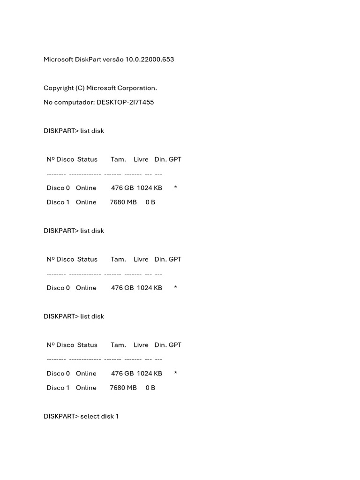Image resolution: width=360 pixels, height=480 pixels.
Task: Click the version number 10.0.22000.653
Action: tap(150, 60)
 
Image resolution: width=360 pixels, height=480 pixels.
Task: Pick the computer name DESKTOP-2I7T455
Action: tap(125, 102)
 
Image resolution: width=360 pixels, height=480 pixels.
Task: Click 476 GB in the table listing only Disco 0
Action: tap(122, 288)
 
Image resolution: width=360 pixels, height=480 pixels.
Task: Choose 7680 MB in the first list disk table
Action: tap(123, 202)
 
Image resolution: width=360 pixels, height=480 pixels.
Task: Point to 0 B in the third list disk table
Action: tap(150, 388)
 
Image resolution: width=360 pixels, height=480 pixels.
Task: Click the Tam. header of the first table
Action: tap(118, 159)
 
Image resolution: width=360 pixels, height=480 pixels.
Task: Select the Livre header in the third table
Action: tap(141, 345)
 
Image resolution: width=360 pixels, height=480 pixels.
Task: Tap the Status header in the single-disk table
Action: tap(87, 259)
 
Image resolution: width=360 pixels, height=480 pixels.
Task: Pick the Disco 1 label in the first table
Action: tap(58, 202)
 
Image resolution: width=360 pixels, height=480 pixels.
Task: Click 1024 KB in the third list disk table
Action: tap(150, 374)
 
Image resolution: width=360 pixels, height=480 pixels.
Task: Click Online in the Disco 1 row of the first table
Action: tap(86, 202)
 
